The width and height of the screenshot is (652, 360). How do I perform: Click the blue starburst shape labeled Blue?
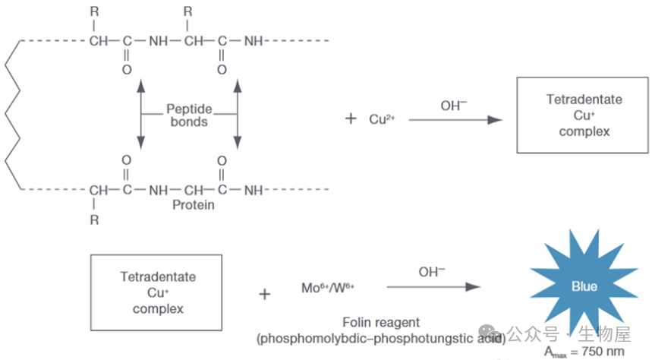(x=584, y=287)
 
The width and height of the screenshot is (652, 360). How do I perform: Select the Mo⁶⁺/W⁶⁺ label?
(x=328, y=288)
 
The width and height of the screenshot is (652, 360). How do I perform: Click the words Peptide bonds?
(x=189, y=115)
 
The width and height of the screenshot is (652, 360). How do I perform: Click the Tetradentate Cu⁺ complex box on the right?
(x=584, y=115)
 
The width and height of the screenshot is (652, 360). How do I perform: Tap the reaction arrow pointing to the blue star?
(x=433, y=286)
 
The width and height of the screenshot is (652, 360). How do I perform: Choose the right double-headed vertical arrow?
(x=238, y=115)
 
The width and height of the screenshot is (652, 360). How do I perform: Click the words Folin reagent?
(x=381, y=323)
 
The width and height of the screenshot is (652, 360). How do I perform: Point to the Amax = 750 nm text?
(x=584, y=351)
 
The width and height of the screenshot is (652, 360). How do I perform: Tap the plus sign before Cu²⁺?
(x=351, y=119)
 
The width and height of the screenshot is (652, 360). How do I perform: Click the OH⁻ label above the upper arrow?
(x=454, y=106)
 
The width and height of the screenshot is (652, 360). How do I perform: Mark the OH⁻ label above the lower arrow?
(x=432, y=272)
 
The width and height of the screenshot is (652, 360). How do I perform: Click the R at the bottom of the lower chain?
(x=94, y=220)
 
